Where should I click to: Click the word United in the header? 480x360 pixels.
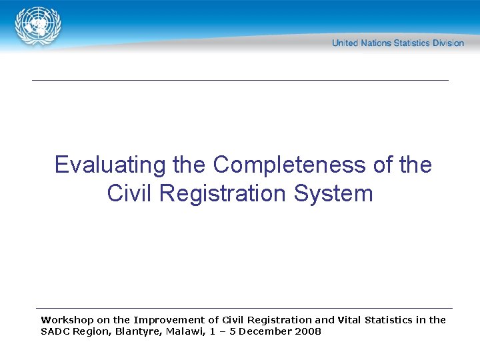[345, 43]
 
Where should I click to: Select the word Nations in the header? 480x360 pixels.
[376, 43]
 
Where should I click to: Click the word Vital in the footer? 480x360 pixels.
[349, 320]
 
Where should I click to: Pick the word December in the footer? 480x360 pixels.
[265, 331]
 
